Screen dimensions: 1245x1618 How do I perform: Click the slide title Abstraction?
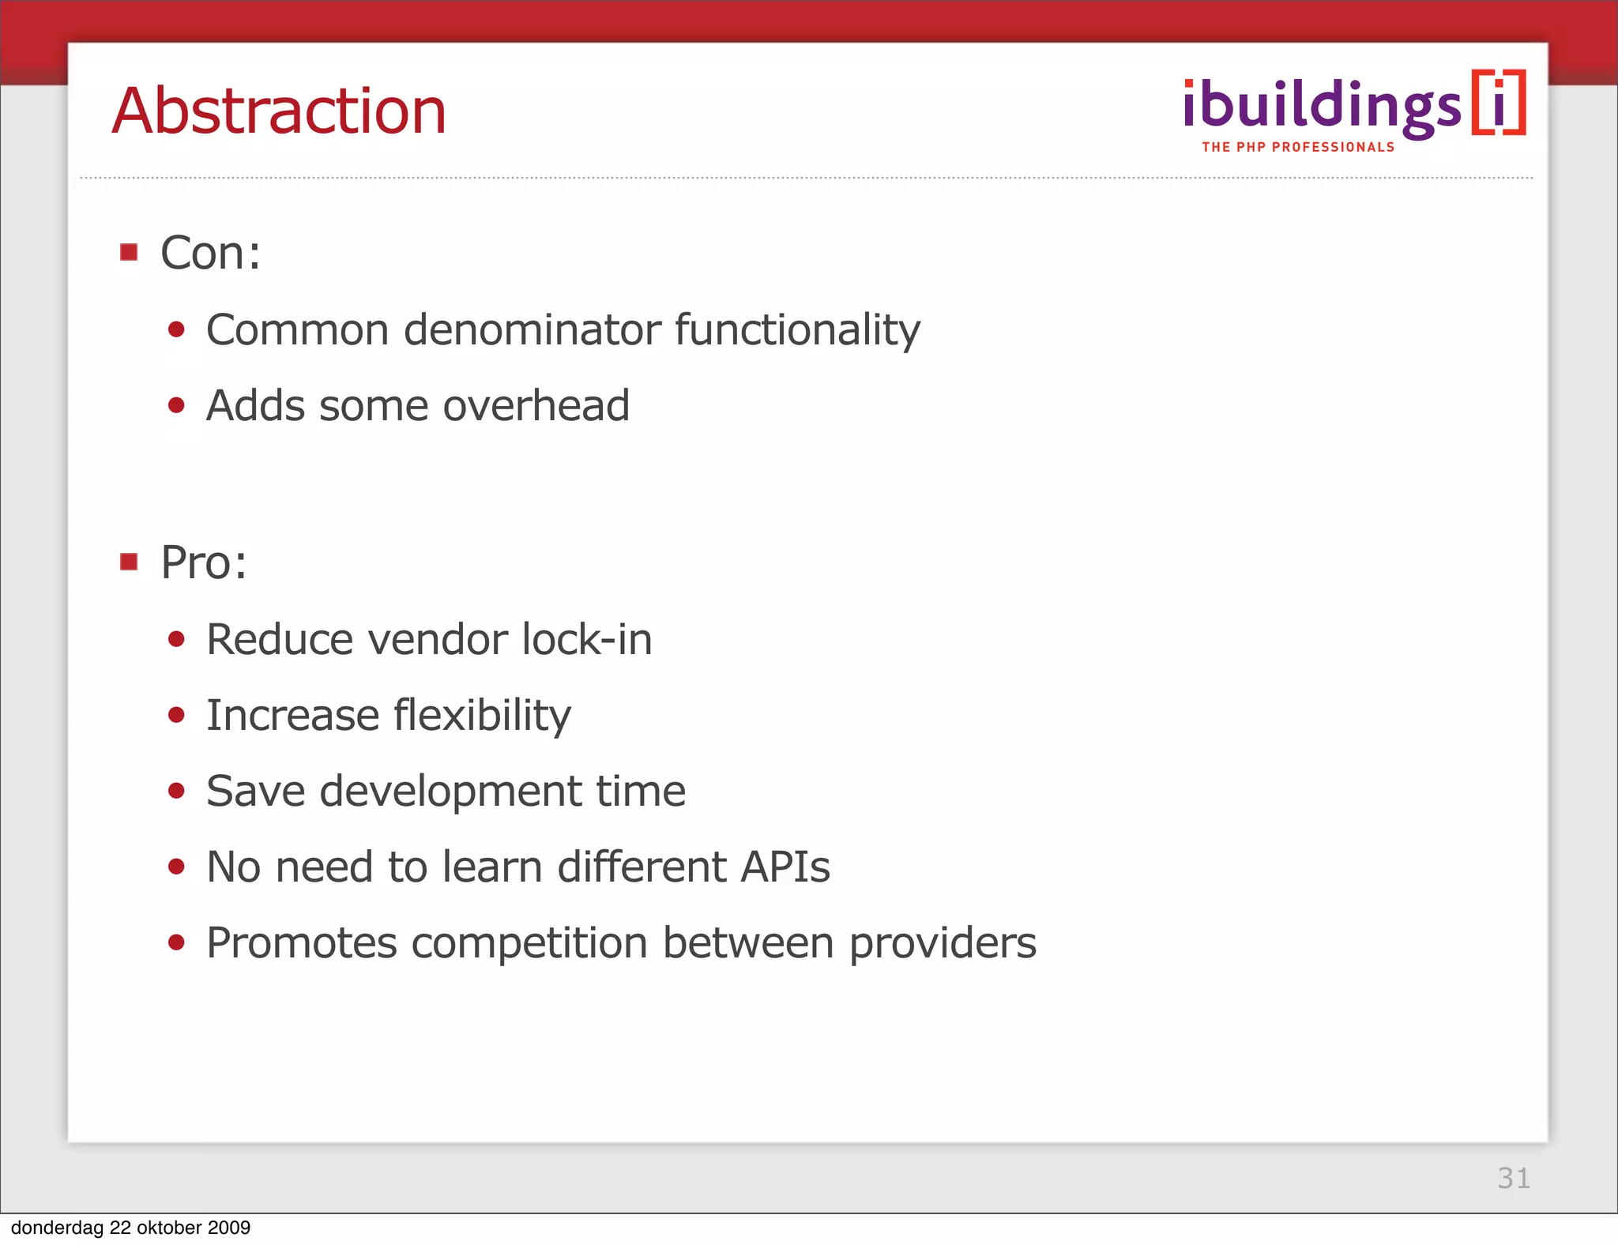coord(279,111)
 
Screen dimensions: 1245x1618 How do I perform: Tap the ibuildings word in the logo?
coord(1322,107)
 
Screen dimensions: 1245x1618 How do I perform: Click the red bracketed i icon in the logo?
coord(1499,103)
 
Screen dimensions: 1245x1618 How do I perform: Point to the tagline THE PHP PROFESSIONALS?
coord(1298,147)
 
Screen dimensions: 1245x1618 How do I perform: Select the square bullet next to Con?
coord(129,252)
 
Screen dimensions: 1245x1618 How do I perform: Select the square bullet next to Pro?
coord(129,562)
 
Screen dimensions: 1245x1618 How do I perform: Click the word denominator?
coord(532,329)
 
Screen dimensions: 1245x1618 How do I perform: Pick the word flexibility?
coord(482,716)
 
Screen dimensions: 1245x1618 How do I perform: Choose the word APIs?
coord(785,867)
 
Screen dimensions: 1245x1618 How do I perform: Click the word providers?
coord(943,943)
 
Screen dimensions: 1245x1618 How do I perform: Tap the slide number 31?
coord(1513,1178)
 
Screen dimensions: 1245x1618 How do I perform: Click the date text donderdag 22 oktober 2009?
coord(130,1228)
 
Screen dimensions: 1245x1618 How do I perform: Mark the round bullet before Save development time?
coord(176,791)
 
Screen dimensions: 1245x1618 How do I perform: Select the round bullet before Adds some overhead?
coord(176,406)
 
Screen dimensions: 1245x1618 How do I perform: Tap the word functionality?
coord(797,329)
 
